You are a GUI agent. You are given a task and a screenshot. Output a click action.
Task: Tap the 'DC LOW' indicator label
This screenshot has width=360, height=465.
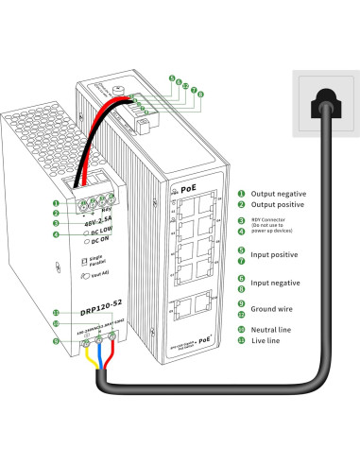(x=99, y=232)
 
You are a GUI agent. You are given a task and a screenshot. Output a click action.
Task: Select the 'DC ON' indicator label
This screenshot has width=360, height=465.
(x=98, y=243)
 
